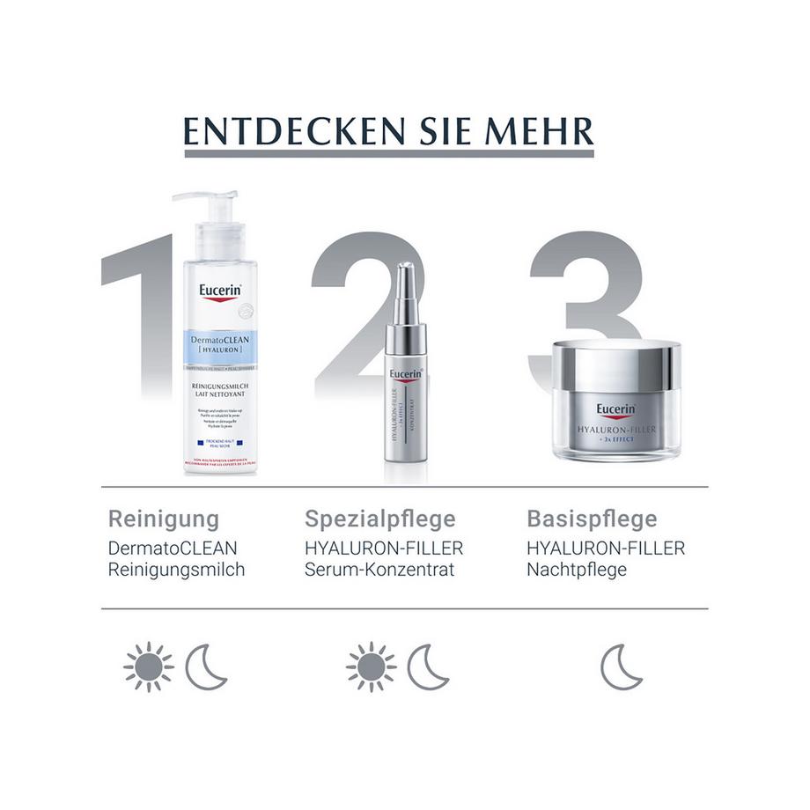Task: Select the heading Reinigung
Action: [x=163, y=519]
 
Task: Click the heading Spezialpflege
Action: [x=380, y=519]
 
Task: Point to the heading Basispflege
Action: [x=592, y=519]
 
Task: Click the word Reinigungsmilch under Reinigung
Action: [x=176, y=570]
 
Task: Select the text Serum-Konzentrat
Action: [x=379, y=570]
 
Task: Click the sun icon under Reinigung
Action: [x=148, y=667]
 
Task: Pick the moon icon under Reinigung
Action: [x=205, y=667]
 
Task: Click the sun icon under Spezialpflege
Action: [x=371, y=667]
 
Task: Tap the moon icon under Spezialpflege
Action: [x=427, y=667]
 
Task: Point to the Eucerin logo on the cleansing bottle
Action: [x=220, y=291]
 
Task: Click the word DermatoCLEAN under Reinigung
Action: [x=173, y=548]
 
